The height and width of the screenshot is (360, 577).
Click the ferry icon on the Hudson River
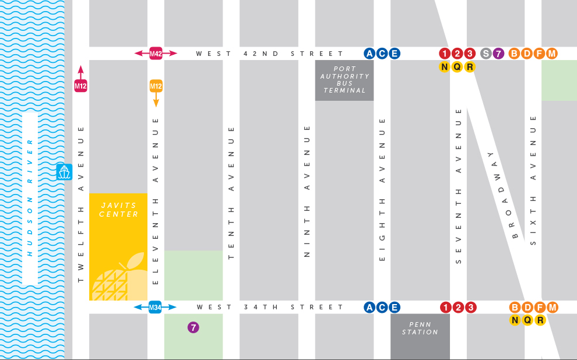(64, 172)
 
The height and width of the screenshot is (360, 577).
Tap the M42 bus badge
(156, 54)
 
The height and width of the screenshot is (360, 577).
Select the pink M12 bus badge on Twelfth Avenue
(80, 86)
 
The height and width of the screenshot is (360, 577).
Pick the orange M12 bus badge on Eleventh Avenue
(156, 86)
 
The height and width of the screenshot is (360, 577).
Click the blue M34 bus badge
(155, 307)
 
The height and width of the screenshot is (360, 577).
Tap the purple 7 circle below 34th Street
(193, 327)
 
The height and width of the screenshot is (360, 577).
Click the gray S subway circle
(485, 54)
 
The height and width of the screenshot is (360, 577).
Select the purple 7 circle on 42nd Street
(498, 54)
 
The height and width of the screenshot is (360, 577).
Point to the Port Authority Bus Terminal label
(344, 80)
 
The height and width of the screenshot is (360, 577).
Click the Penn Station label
(420, 328)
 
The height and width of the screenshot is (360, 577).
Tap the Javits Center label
(118, 210)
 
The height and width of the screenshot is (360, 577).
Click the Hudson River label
(30, 197)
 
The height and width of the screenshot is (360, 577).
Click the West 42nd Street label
(269, 54)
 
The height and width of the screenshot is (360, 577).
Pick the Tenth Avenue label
(231, 192)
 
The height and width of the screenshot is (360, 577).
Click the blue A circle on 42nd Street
(369, 54)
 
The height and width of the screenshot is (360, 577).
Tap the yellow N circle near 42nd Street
(445, 66)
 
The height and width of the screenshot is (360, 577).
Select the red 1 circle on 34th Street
(446, 307)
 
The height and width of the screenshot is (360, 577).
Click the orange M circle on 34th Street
(552, 307)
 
